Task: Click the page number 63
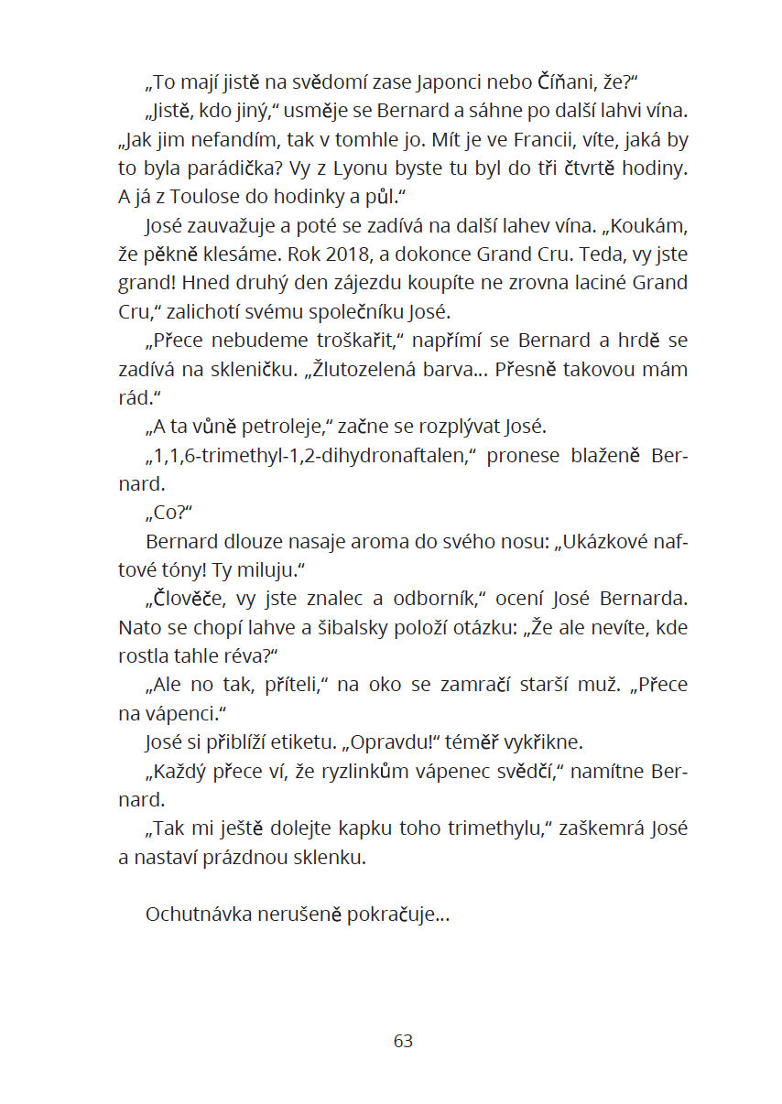point(403,1041)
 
